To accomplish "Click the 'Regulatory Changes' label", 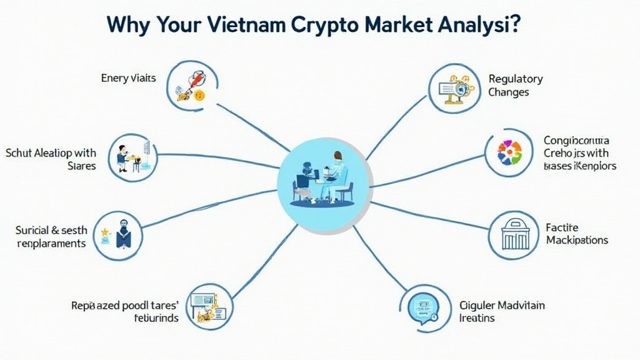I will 515,86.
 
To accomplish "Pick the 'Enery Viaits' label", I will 128,78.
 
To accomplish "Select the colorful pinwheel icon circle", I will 509,153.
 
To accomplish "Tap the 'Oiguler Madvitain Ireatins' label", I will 502,311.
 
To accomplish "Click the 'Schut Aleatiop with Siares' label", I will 51,159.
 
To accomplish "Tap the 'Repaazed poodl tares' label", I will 125,311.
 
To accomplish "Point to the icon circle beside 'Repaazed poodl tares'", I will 209,306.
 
